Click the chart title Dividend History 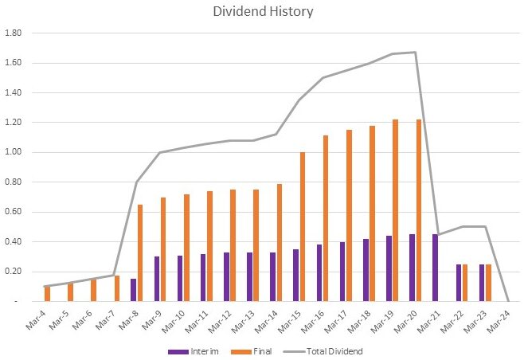click(x=261, y=13)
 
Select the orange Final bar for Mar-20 click(x=420, y=210)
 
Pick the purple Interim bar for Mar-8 click(x=133, y=290)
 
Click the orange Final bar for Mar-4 click(x=48, y=293)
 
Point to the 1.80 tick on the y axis click(x=14, y=33)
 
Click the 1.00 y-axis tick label click(x=14, y=152)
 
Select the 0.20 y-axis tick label click(x=14, y=272)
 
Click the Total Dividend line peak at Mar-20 click(x=416, y=53)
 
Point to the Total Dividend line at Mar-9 click(x=160, y=152)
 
